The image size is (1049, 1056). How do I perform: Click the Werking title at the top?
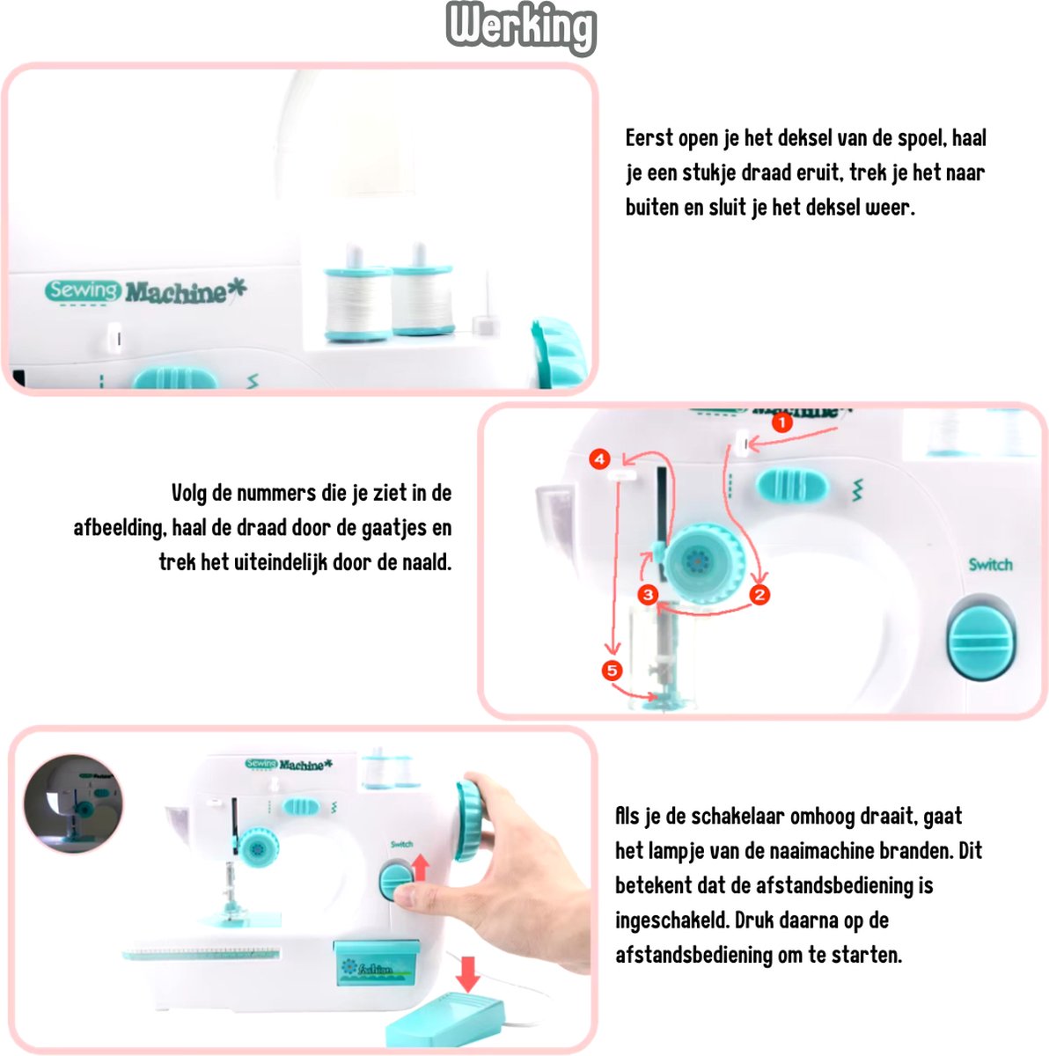point(521,27)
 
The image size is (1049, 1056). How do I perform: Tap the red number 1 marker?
point(782,422)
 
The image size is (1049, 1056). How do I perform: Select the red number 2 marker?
point(759,595)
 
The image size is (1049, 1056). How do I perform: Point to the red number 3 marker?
point(649,595)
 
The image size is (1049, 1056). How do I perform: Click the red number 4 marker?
point(599,458)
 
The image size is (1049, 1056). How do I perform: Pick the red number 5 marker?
point(613,671)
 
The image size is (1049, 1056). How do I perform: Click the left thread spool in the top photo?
point(356,296)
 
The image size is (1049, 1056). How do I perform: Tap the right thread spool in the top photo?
point(423,293)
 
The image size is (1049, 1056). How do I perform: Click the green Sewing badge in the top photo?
point(82,290)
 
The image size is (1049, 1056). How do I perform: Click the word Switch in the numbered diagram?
point(990,564)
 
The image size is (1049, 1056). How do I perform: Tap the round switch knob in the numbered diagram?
point(982,638)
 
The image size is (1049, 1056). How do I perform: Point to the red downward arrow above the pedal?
point(467,974)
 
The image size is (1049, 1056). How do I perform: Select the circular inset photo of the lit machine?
point(73,804)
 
